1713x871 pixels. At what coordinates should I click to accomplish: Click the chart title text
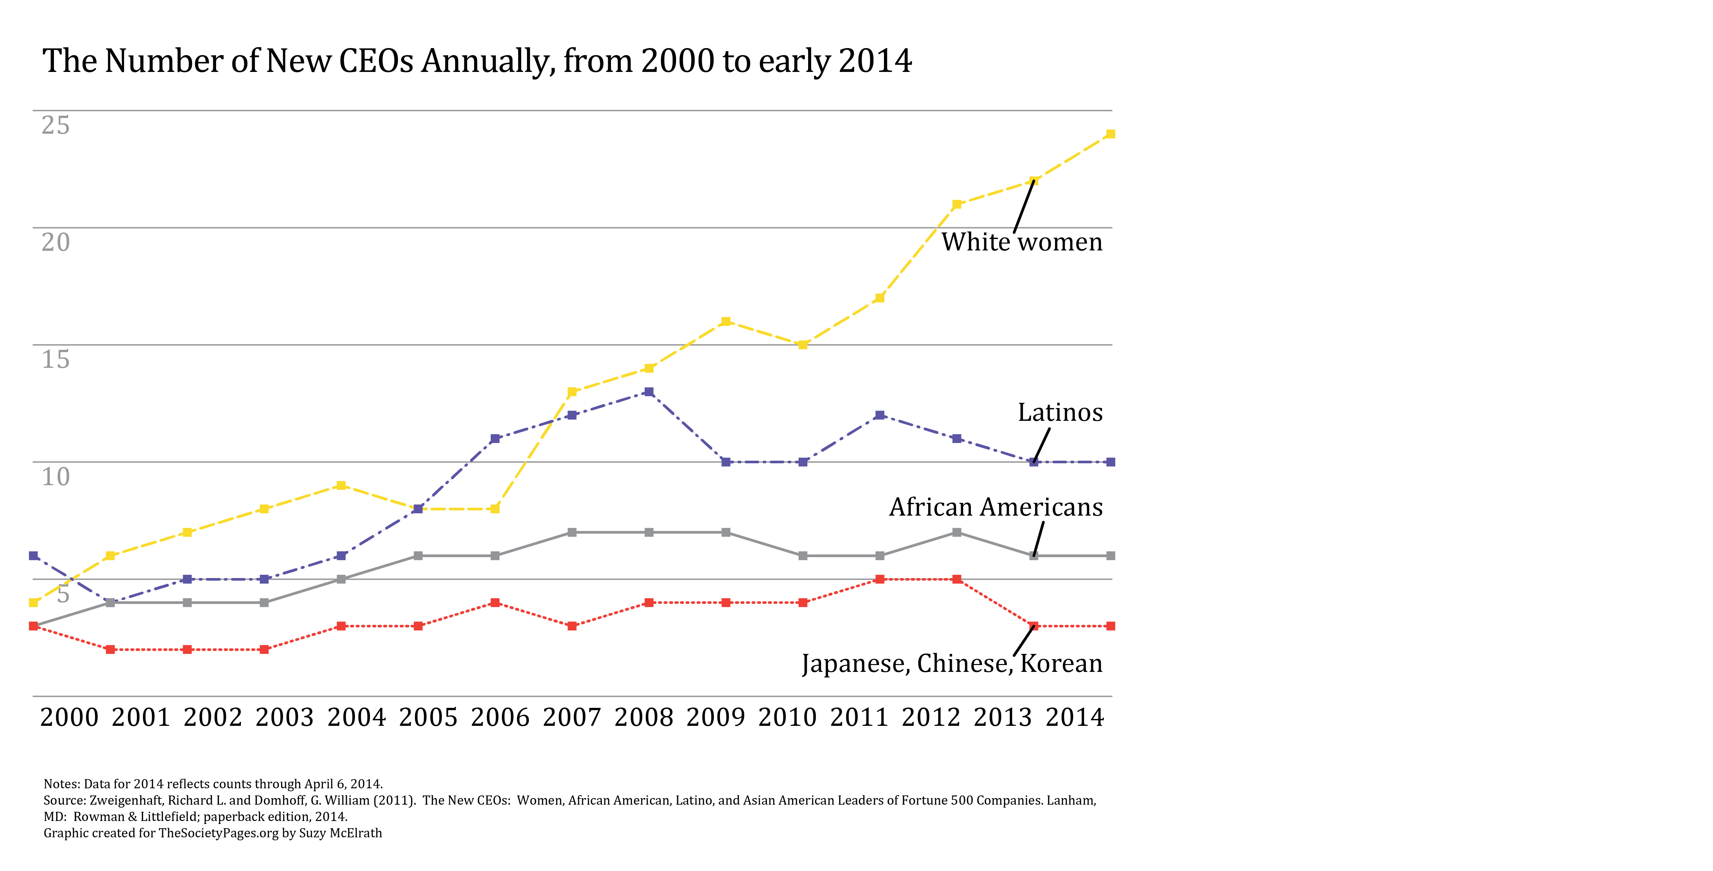tap(477, 61)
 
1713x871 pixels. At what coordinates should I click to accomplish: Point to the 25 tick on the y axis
tap(55, 125)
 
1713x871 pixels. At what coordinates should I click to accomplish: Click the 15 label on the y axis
tap(55, 360)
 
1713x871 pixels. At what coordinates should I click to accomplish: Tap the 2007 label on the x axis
tap(571, 717)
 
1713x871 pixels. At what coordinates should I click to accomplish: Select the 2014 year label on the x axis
tap(1075, 717)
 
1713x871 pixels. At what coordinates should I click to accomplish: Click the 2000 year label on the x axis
tap(69, 717)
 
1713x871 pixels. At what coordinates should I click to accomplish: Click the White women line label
tap(1021, 242)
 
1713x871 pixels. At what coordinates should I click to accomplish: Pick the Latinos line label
tap(1060, 413)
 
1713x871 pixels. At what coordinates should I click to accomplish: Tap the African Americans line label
tap(995, 507)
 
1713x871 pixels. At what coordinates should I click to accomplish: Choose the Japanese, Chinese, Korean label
tap(952, 664)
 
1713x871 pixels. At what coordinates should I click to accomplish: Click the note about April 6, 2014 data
tap(213, 784)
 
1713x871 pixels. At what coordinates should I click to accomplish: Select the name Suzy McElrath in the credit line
tap(340, 833)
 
